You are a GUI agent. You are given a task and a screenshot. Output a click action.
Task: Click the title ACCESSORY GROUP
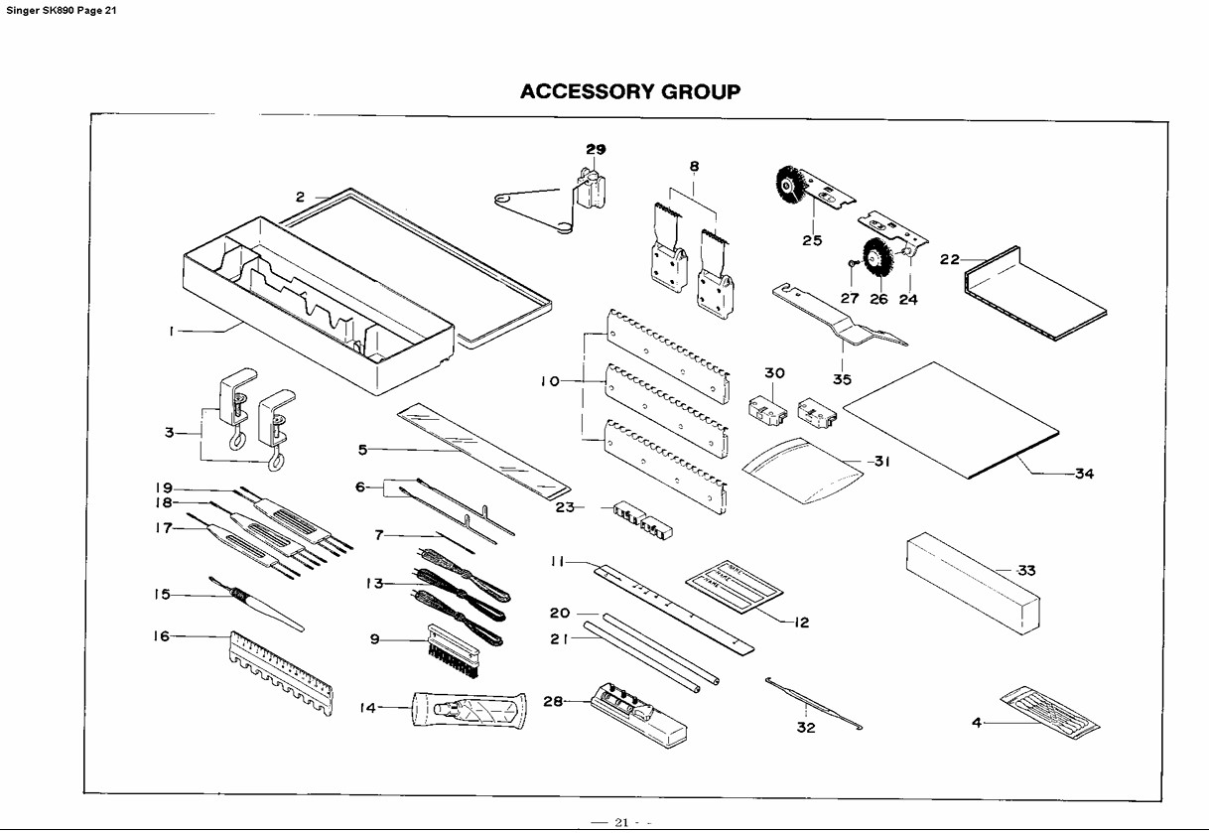630,92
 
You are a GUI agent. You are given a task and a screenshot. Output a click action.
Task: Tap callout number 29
595,149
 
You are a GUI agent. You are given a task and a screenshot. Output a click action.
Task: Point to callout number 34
1084,474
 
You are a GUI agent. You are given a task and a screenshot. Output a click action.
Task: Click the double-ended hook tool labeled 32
813,702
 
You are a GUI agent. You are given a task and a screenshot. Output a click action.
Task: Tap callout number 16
162,636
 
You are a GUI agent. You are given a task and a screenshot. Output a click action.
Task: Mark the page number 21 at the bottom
622,822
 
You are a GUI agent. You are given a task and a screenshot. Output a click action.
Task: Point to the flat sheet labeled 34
953,417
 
